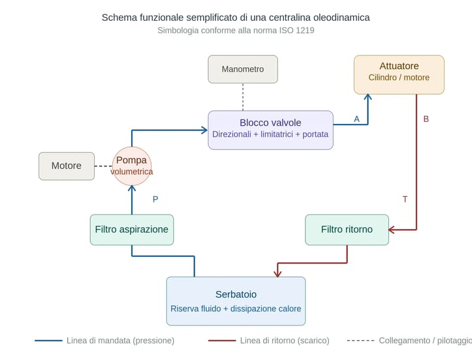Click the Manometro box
243,69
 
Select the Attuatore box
399,74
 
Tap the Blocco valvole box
270,130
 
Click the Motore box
67,166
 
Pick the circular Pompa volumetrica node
132,166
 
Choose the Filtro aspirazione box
132,230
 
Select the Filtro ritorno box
347,230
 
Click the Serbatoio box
236,301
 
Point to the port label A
356,119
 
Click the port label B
426,119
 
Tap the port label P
155,199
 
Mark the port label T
405,199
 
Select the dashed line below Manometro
243,97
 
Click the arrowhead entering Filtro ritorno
392,230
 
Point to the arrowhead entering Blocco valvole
204,130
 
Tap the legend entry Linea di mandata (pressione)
120,340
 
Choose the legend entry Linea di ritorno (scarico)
285,340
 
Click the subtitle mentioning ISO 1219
236,31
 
